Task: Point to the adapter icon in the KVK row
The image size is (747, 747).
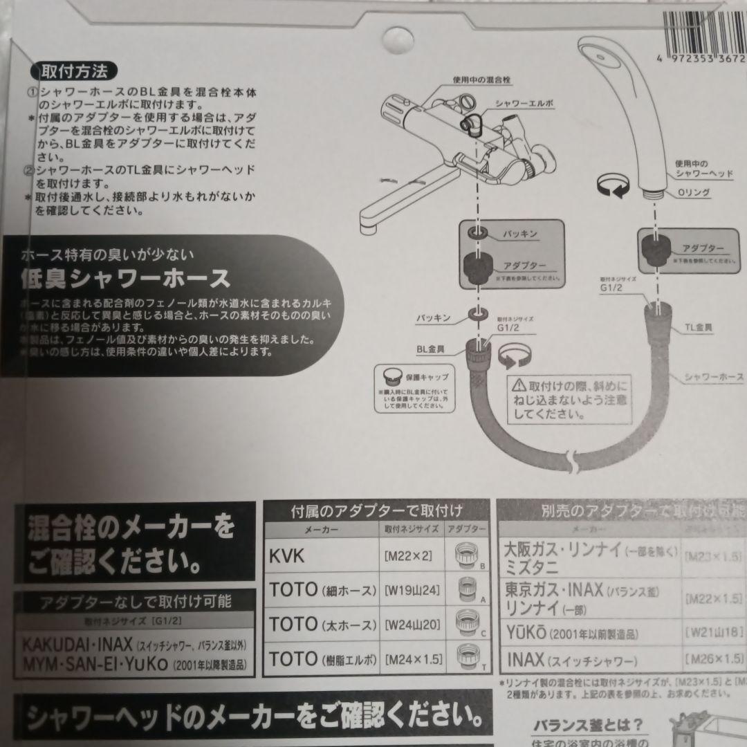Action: [x=470, y=555]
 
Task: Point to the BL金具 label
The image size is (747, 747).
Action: [x=433, y=350]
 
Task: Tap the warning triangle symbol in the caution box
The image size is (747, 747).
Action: [x=518, y=384]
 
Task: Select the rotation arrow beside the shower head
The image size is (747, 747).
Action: [x=611, y=185]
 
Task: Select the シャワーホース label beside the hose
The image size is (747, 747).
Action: [x=712, y=377]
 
